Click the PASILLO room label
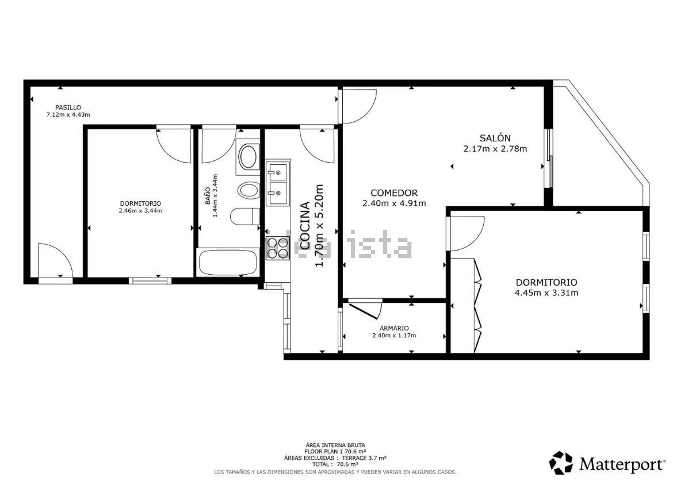tap(68, 107)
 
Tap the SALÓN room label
tap(495, 138)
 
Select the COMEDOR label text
tap(394, 193)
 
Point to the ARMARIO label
tap(394, 329)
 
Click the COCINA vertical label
tap(305, 226)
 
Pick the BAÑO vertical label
tap(208, 195)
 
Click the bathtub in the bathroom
tap(227, 263)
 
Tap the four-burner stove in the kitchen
tap(278, 248)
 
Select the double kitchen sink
tap(278, 183)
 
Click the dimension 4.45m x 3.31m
tap(546, 293)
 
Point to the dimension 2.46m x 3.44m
tap(140, 210)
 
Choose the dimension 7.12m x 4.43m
tap(68, 114)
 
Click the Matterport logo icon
tap(561, 463)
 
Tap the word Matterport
tap(621, 464)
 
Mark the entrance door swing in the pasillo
tap(55, 260)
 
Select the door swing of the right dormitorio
tap(466, 234)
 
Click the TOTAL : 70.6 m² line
tap(335, 464)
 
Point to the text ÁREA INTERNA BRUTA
tap(335, 445)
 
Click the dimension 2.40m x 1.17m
tap(394, 336)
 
